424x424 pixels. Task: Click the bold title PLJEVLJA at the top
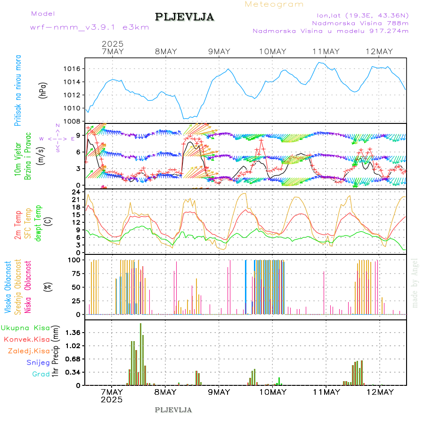point(185,17)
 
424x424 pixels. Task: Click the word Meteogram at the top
point(274,4)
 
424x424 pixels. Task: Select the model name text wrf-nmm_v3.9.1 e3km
point(90,27)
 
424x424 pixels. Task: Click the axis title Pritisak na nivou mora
point(18,90)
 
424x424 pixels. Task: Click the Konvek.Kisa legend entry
point(27,339)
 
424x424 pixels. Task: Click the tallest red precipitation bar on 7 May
point(140,353)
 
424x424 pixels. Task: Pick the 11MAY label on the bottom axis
point(326,392)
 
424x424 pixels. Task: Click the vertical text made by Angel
point(415,283)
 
